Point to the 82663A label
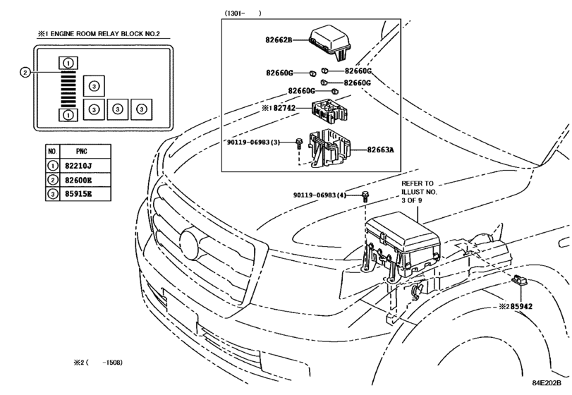tap(381, 150)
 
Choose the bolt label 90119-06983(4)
tap(320, 195)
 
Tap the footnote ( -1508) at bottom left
tap(99, 363)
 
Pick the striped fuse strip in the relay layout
tap(67, 90)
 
